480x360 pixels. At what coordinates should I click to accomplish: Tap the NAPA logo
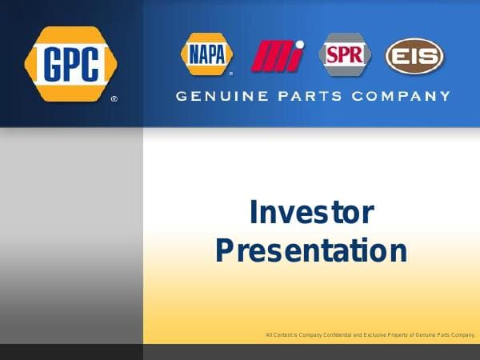pos(206,54)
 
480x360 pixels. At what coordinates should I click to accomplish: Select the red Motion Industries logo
pos(278,55)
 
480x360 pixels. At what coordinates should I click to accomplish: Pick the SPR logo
pos(346,54)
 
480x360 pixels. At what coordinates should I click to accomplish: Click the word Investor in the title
pos(311,213)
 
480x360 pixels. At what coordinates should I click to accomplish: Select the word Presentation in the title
pos(311,250)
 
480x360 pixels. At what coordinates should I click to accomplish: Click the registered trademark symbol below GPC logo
pos(114,100)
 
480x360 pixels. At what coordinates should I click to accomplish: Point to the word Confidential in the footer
pos(334,334)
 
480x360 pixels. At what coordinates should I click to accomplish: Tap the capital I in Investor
pos(254,213)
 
